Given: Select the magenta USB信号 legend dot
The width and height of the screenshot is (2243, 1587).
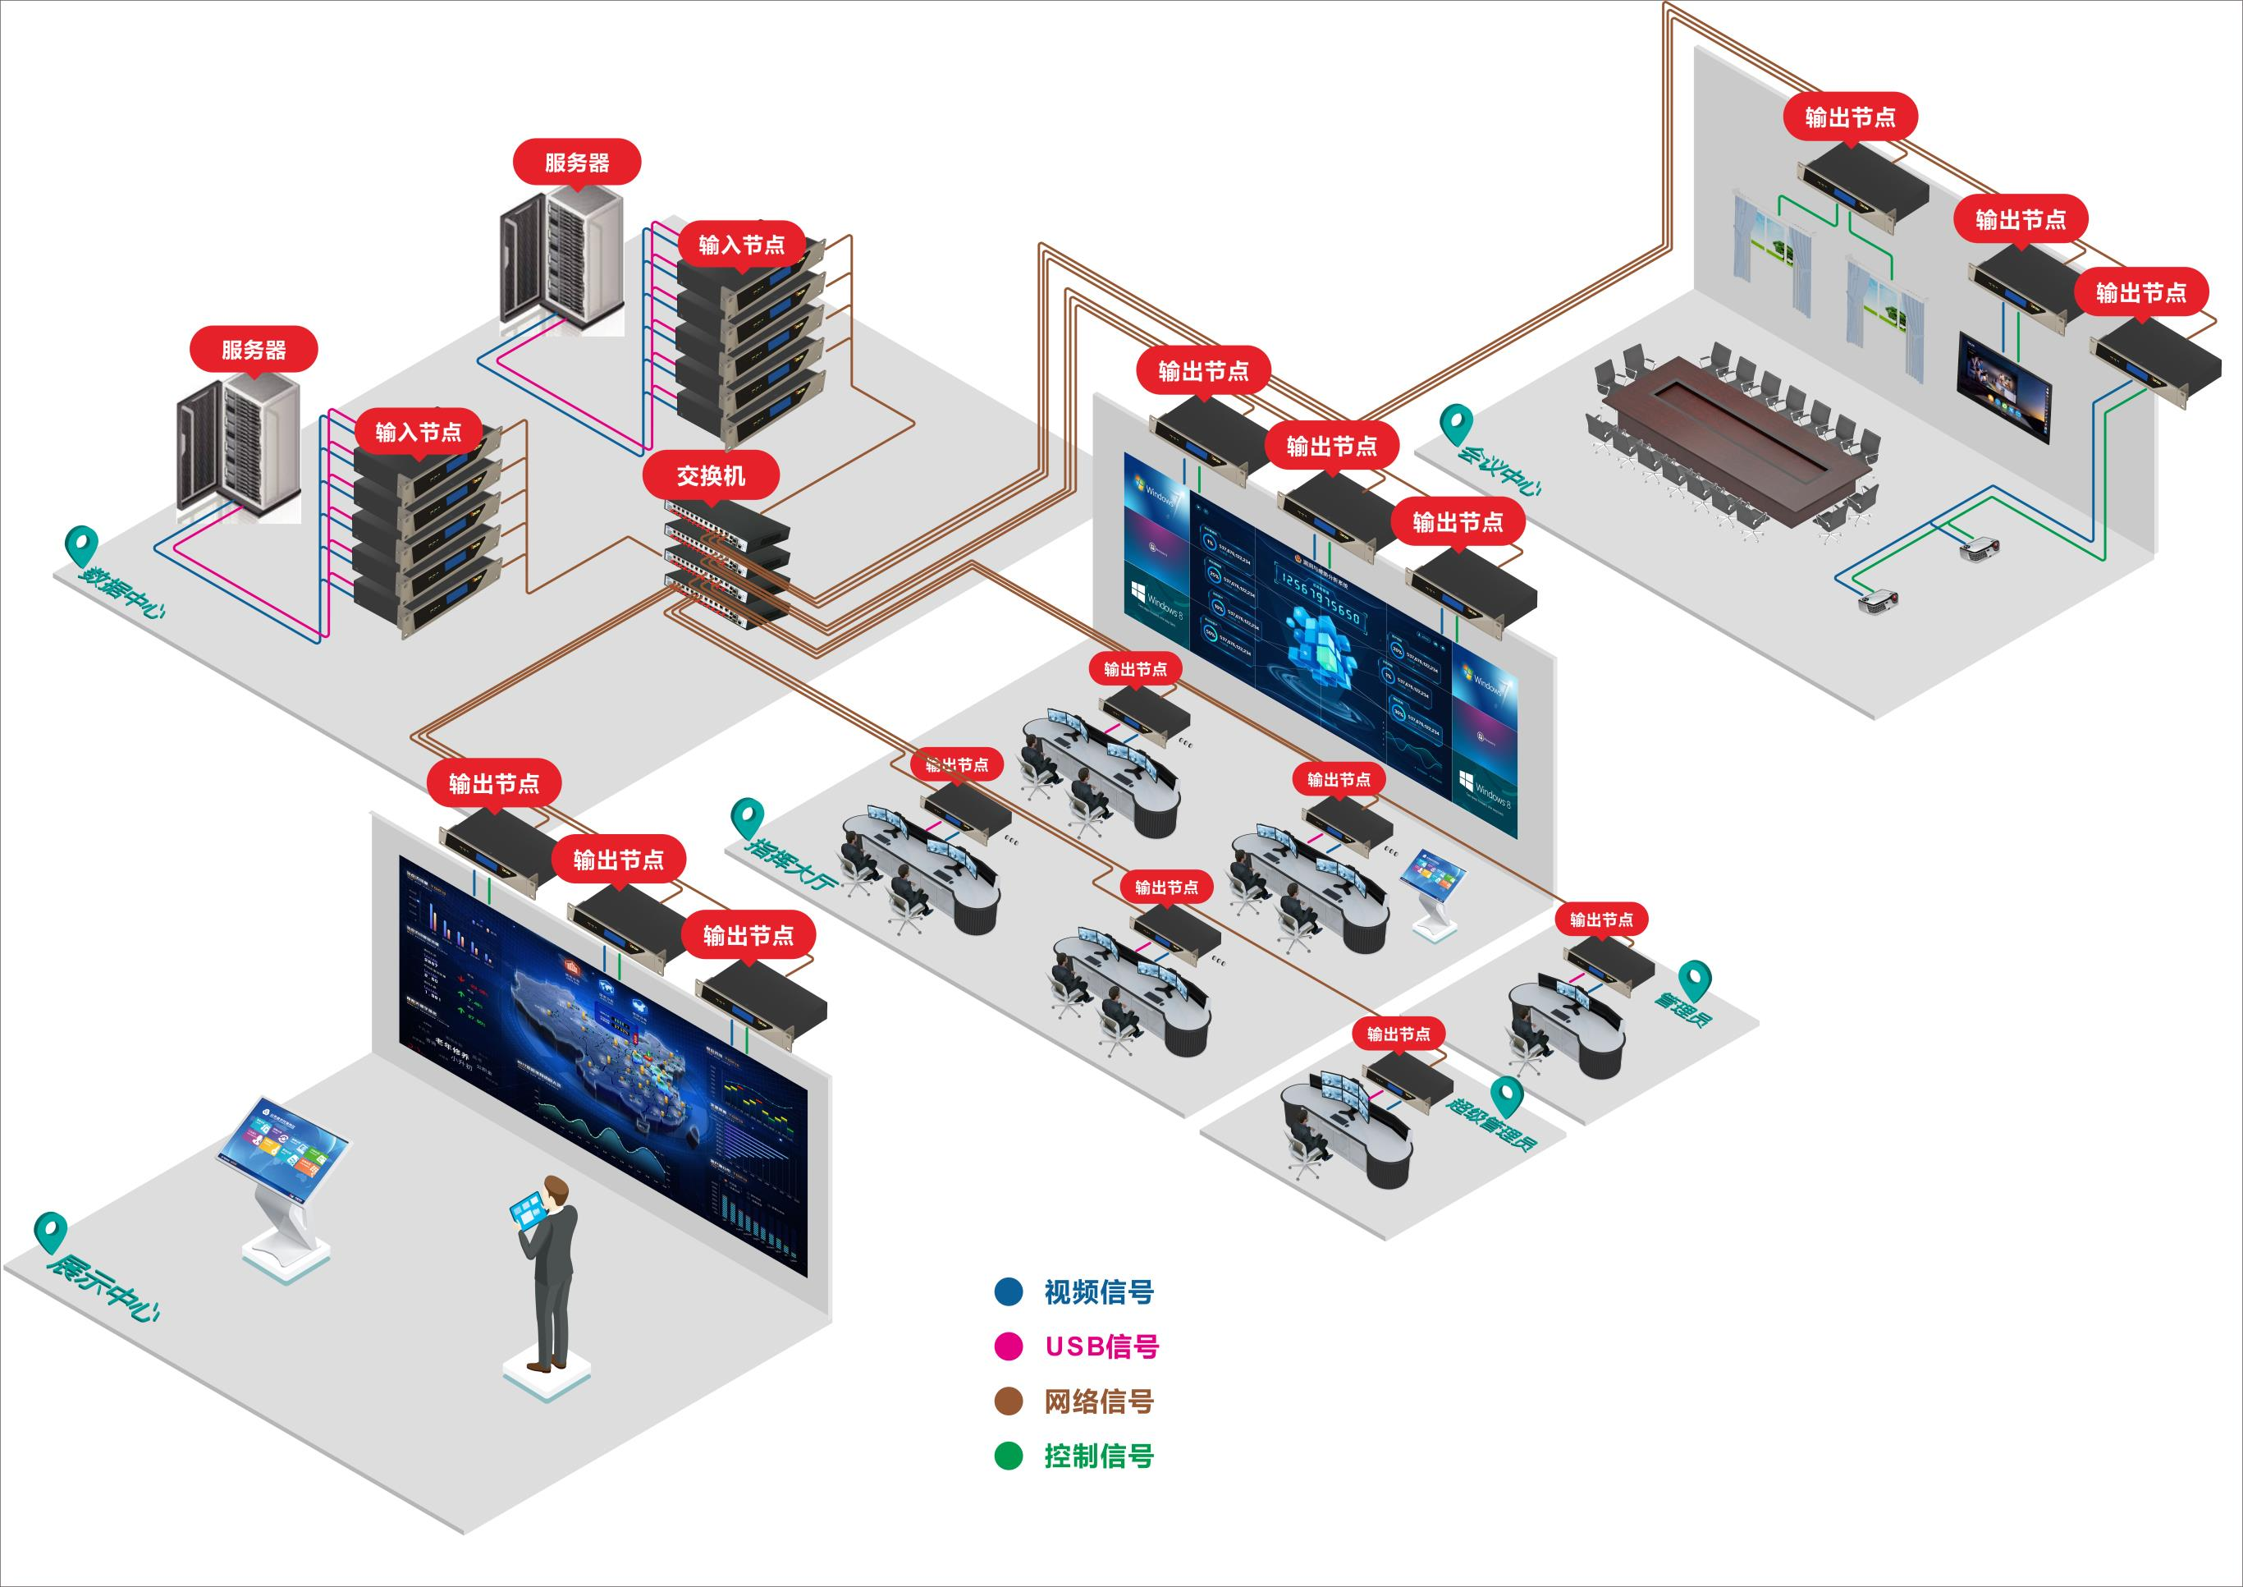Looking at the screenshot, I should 1008,1346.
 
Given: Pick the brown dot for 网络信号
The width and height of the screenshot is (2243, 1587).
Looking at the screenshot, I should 1008,1401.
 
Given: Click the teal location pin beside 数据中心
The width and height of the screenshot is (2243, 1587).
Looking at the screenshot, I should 81,544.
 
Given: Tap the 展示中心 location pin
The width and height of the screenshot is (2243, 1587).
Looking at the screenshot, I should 50,1231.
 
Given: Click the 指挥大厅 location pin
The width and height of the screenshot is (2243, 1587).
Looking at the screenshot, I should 746,816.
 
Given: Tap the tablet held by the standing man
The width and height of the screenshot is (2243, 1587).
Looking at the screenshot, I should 528,1212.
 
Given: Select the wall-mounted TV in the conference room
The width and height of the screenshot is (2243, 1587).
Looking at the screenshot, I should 2003,386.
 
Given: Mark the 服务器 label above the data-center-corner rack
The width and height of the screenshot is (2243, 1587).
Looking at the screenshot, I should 253,349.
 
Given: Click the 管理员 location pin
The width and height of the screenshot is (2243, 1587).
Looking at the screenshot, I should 1694,977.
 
